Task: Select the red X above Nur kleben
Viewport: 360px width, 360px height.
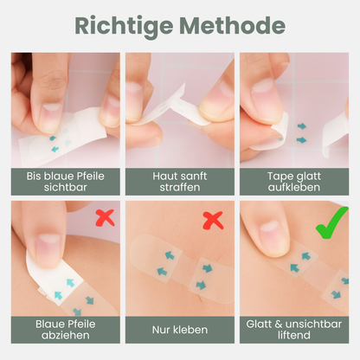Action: (213, 219)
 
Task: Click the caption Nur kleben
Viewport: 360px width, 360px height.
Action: (180, 330)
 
